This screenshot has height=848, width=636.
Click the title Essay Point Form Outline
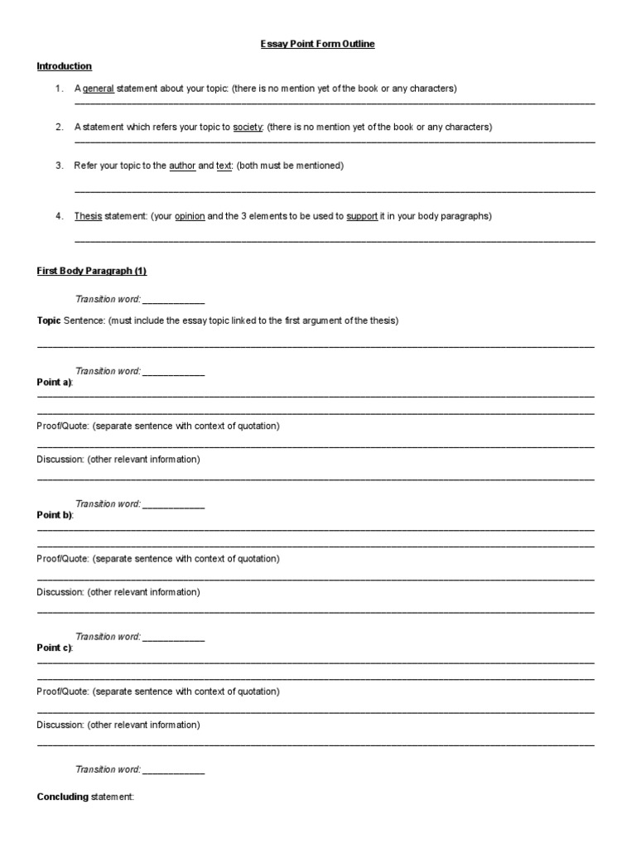[x=318, y=44]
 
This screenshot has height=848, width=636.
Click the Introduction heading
[x=65, y=66]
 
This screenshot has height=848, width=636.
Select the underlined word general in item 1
[x=99, y=89]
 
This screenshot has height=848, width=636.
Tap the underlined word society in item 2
[x=248, y=128]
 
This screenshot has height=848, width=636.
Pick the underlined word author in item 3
[x=182, y=166]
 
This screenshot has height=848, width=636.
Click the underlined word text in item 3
[x=224, y=166]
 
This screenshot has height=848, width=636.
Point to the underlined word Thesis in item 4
[x=88, y=216]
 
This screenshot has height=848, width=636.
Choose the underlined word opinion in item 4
[x=190, y=216]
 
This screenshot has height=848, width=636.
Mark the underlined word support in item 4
[x=362, y=216]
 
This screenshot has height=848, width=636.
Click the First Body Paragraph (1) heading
[x=92, y=272]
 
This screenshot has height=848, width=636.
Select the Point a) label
[x=55, y=382]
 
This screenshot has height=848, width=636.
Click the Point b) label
[x=55, y=514]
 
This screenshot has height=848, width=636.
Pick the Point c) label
[x=55, y=648]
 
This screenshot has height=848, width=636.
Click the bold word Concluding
[x=62, y=797]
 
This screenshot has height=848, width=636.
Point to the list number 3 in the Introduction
[x=60, y=166]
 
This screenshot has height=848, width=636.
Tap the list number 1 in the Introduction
[x=60, y=89]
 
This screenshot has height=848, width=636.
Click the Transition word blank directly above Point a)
[x=173, y=372]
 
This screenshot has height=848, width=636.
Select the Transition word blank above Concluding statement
[x=173, y=770]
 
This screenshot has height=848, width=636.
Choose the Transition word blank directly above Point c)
[x=173, y=638]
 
